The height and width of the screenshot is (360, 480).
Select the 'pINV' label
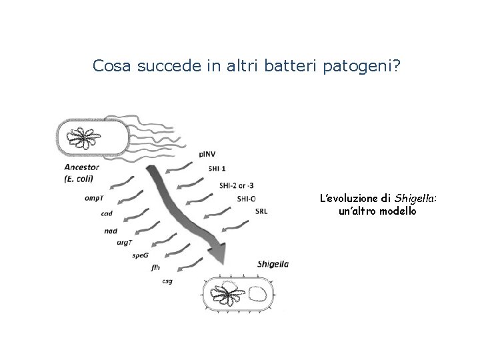click(x=207, y=155)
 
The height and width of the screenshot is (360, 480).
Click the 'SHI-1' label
click(x=217, y=169)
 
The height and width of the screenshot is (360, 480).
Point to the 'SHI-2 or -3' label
click(x=236, y=185)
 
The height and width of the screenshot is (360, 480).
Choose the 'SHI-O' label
click(x=246, y=199)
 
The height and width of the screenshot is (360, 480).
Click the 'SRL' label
click(x=261, y=212)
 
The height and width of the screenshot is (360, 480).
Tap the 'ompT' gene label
click(x=93, y=197)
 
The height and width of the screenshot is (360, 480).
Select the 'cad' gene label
click(x=106, y=213)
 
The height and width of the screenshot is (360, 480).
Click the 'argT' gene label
click(x=125, y=243)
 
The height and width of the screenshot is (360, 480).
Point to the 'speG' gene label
click(x=140, y=255)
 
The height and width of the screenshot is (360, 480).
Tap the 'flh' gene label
click(x=155, y=267)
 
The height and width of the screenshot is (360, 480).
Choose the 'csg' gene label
click(x=167, y=281)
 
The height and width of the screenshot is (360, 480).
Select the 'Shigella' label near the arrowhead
click(x=273, y=264)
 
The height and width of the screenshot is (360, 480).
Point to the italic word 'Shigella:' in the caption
click(x=416, y=198)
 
